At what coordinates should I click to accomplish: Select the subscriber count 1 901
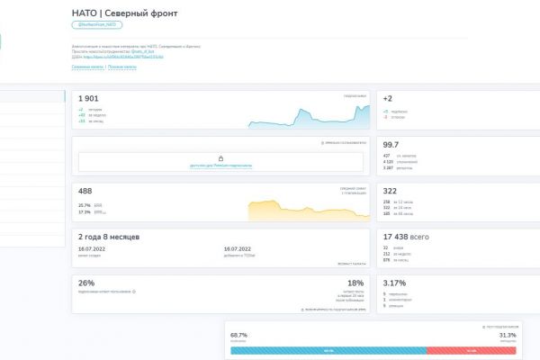[90, 98]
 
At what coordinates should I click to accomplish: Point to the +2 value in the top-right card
[388, 98]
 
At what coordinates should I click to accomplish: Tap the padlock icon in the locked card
[220, 158]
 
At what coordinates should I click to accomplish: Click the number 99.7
[391, 144]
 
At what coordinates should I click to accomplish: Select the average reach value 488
[86, 191]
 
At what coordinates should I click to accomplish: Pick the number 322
[390, 191]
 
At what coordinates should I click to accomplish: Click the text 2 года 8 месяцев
[108, 236]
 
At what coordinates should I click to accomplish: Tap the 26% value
[86, 283]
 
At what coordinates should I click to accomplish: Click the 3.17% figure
[393, 283]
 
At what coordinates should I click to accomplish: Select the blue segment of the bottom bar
[328, 350]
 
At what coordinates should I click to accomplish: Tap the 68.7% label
[239, 334]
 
